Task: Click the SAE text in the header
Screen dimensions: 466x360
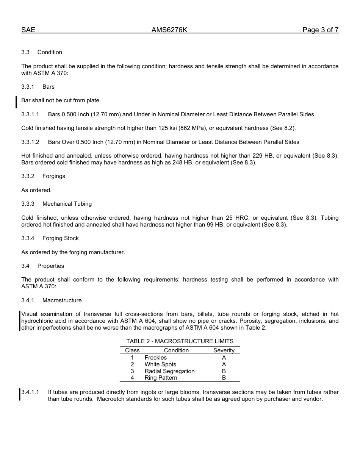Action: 28,30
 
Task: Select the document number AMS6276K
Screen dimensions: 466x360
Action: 169,30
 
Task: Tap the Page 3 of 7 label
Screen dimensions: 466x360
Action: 320,30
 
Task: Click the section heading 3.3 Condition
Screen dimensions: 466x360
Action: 42,52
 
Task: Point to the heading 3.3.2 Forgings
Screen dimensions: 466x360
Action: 43,176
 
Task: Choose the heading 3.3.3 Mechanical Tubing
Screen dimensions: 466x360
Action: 56,204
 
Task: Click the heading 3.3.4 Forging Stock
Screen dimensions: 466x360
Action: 50,238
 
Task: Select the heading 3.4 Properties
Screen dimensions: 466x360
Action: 43,266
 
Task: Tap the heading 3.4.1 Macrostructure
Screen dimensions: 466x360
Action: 51,300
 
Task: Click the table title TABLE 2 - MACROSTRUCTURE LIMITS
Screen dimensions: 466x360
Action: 180,341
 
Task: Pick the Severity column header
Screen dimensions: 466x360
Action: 224,350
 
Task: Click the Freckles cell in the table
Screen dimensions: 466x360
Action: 155,358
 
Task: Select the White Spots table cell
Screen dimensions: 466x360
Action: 160,364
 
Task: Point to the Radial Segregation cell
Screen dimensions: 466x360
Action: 169,371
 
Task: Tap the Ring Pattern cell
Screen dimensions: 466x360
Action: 161,378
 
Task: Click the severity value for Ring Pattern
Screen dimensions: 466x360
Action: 224,378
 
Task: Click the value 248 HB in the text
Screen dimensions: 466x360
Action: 166,163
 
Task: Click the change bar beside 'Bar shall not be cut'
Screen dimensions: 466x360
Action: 16,102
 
